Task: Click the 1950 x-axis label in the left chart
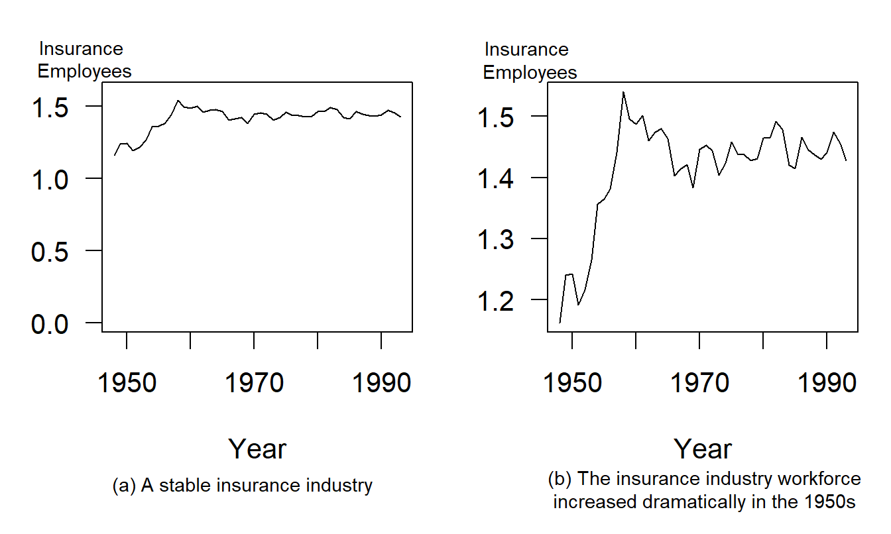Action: click(x=127, y=384)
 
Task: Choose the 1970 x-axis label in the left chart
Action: click(x=255, y=384)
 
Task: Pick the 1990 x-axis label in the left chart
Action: click(x=381, y=384)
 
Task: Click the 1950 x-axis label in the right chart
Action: click(x=573, y=384)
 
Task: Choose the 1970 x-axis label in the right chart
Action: click(x=700, y=384)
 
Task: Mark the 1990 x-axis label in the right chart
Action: click(x=827, y=384)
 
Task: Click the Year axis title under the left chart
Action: click(x=257, y=449)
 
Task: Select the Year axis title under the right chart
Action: click(x=703, y=449)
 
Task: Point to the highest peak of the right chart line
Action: click(x=623, y=92)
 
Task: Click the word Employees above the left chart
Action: click(x=84, y=72)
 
